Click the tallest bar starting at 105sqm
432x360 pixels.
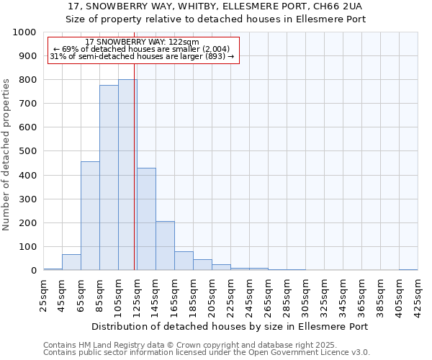(127, 175)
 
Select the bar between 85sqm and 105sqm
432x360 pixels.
(109, 178)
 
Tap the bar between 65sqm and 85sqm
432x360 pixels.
(90, 216)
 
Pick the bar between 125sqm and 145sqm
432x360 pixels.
(146, 219)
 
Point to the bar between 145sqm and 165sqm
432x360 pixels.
(165, 246)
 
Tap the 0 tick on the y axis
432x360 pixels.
(33, 271)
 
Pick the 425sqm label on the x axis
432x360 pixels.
(418, 294)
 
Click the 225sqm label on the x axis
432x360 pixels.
(230, 294)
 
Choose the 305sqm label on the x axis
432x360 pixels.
(305, 294)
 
